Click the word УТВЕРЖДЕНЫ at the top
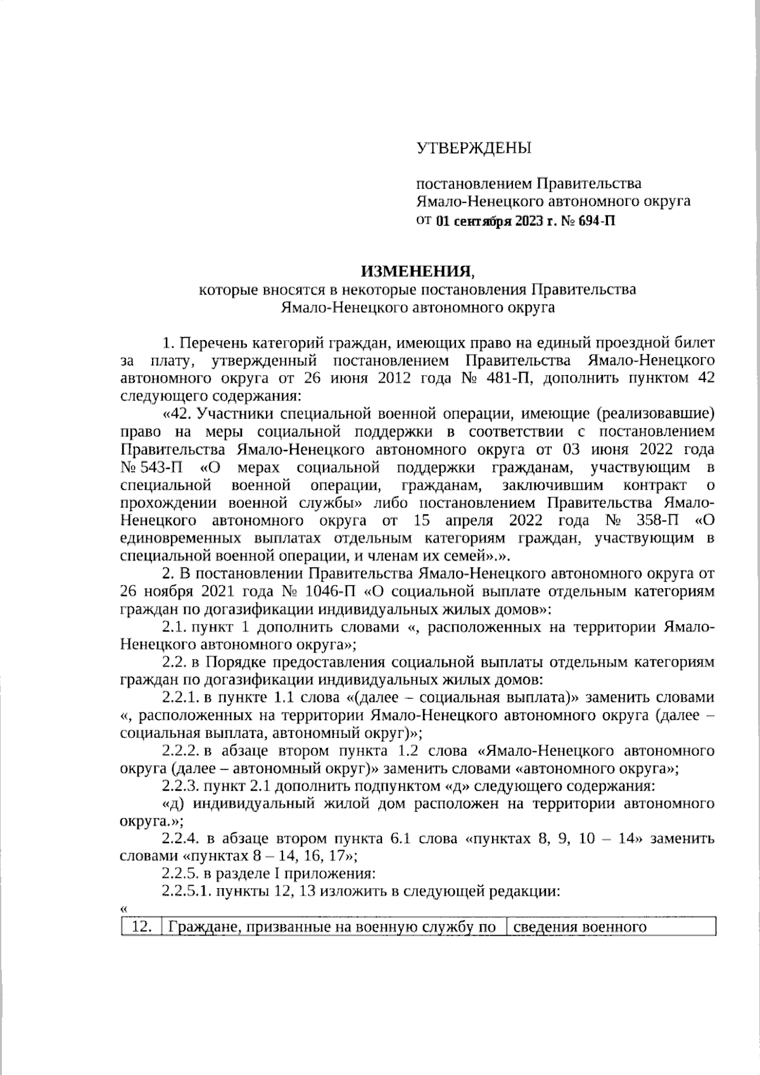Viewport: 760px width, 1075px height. pos(473,149)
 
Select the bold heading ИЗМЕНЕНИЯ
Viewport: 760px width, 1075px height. pos(417,272)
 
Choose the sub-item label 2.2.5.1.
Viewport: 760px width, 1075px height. pos(186,891)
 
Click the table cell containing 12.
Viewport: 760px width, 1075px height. pos(142,927)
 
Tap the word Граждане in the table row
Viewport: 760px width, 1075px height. pos(200,927)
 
